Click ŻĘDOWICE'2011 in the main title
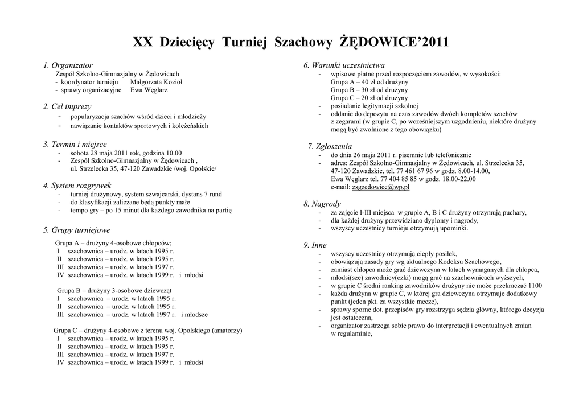394,42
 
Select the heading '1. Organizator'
68,65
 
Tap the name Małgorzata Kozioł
157,81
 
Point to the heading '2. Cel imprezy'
67,106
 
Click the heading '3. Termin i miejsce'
75,145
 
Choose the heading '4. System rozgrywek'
77,186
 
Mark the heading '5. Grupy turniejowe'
77,230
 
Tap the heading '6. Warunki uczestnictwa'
344,65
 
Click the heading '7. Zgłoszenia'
330,146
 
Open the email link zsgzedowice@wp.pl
381,187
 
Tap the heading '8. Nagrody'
322,204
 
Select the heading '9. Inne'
315,245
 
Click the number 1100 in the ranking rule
535,286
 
